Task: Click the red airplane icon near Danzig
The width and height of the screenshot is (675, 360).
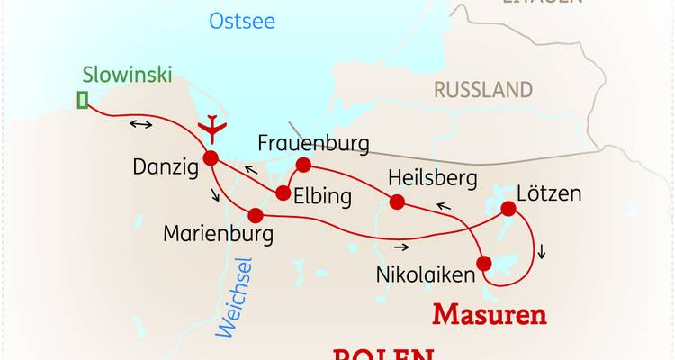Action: coord(213,129)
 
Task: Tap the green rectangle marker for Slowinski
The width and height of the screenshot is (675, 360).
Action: coord(83,100)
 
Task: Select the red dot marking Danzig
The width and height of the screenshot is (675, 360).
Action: coord(211,158)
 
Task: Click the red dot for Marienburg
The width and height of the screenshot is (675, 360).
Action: coord(256,215)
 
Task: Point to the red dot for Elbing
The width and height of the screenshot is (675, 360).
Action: coord(283,193)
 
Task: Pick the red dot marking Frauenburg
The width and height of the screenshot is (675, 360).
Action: coord(303,165)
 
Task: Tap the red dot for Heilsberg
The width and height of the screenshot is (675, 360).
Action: coord(396,201)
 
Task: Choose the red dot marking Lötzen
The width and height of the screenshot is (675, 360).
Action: coord(508,210)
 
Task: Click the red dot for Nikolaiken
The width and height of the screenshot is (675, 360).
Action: coord(484,264)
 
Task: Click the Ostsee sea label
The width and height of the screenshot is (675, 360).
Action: coord(241,21)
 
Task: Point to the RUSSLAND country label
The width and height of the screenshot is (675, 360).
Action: coord(483,90)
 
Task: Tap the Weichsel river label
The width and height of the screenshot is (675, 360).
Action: coord(236,297)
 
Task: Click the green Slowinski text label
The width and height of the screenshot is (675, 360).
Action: coord(127,74)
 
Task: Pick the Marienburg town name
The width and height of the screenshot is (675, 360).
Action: coord(218,234)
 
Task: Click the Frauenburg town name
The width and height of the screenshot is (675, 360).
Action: coord(314,143)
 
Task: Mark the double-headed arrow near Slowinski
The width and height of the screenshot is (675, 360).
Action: coord(140,124)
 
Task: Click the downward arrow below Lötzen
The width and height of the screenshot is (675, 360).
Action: coord(542,252)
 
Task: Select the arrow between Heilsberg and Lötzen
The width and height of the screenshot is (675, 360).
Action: coord(444,207)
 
